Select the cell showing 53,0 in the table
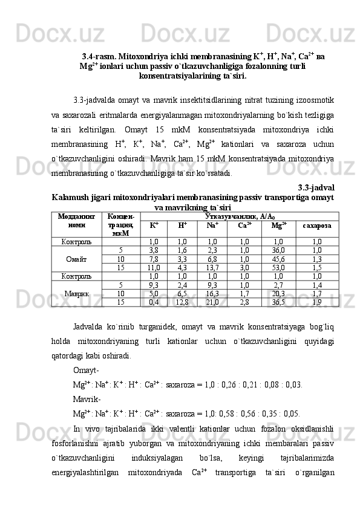tap(279, 267)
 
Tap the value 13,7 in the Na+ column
tap(212, 267)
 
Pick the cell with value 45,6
tap(279, 259)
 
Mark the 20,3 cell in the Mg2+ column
tap(279, 294)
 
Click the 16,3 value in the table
tap(212, 294)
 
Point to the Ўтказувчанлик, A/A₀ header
tap(240, 215)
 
